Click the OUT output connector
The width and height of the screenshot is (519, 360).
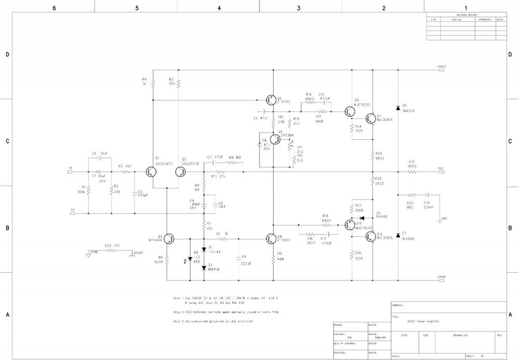pyautogui.click(x=441, y=171)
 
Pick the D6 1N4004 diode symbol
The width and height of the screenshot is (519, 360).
pyautogui.click(x=398, y=108)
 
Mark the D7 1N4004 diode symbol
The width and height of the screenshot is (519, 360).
pyautogui.click(x=398, y=235)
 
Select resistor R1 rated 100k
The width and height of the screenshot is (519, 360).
pyautogui.click(x=89, y=191)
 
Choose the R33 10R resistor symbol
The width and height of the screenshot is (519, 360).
pyautogui.click(x=110, y=250)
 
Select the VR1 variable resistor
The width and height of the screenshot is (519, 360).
pyautogui.click(x=290, y=147)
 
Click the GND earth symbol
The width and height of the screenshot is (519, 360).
pyautogui.click(x=440, y=222)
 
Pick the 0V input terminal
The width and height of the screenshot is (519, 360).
pyautogui.click(x=72, y=213)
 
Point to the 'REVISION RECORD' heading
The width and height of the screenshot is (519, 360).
pyautogui.click(x=466, y=16)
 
